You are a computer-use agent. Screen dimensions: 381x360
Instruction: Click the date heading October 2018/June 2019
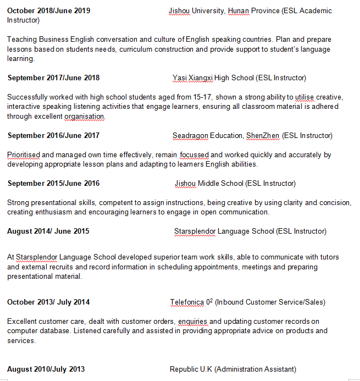click(x=49, y=11)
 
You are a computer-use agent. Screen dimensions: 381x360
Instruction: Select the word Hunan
click(x=238, y=11)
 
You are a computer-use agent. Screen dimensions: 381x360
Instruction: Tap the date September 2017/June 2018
click(x=53, y=78)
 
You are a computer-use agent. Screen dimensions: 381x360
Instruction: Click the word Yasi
click(x=179, y=78)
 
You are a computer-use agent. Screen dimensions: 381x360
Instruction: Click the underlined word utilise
click(x=304, y=97)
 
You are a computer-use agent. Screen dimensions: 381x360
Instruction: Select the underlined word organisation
click(x=84, y=117)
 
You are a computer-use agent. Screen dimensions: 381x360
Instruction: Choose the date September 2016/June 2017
click(x=53, y=135)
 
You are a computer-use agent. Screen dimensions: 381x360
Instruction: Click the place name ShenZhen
click(x=263, y=135)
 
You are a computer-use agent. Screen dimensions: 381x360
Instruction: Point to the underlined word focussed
click(x=194, y=155)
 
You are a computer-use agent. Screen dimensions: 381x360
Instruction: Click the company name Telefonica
click(x=186, y=302)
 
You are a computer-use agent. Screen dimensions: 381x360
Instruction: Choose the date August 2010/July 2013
click(x=46, y=369)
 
